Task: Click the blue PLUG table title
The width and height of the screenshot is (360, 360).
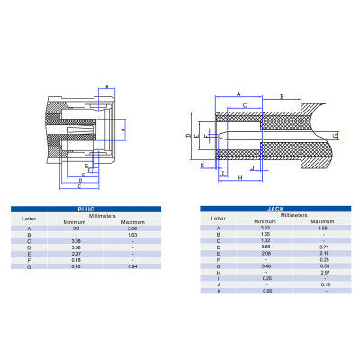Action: (x=86, y=208)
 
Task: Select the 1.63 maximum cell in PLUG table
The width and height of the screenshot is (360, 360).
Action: (x=132, y=236)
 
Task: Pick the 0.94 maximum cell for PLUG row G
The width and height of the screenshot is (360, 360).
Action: (x=132, y=267)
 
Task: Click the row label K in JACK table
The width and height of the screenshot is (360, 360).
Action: (x=218, y=291)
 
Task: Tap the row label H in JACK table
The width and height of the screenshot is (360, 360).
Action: (x=218, y=272)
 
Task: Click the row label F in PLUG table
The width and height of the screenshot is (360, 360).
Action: (x=29, y=261)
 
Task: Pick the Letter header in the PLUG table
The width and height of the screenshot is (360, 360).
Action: (x=29, y=218)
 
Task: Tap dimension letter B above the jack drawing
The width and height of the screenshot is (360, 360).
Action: (x=283, y=95)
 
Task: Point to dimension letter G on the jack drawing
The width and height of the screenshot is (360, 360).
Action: (x=335, y=135)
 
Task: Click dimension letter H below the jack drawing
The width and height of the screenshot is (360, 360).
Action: (x=241, y=178)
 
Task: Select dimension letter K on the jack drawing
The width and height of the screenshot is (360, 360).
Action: (x=202, y=166)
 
